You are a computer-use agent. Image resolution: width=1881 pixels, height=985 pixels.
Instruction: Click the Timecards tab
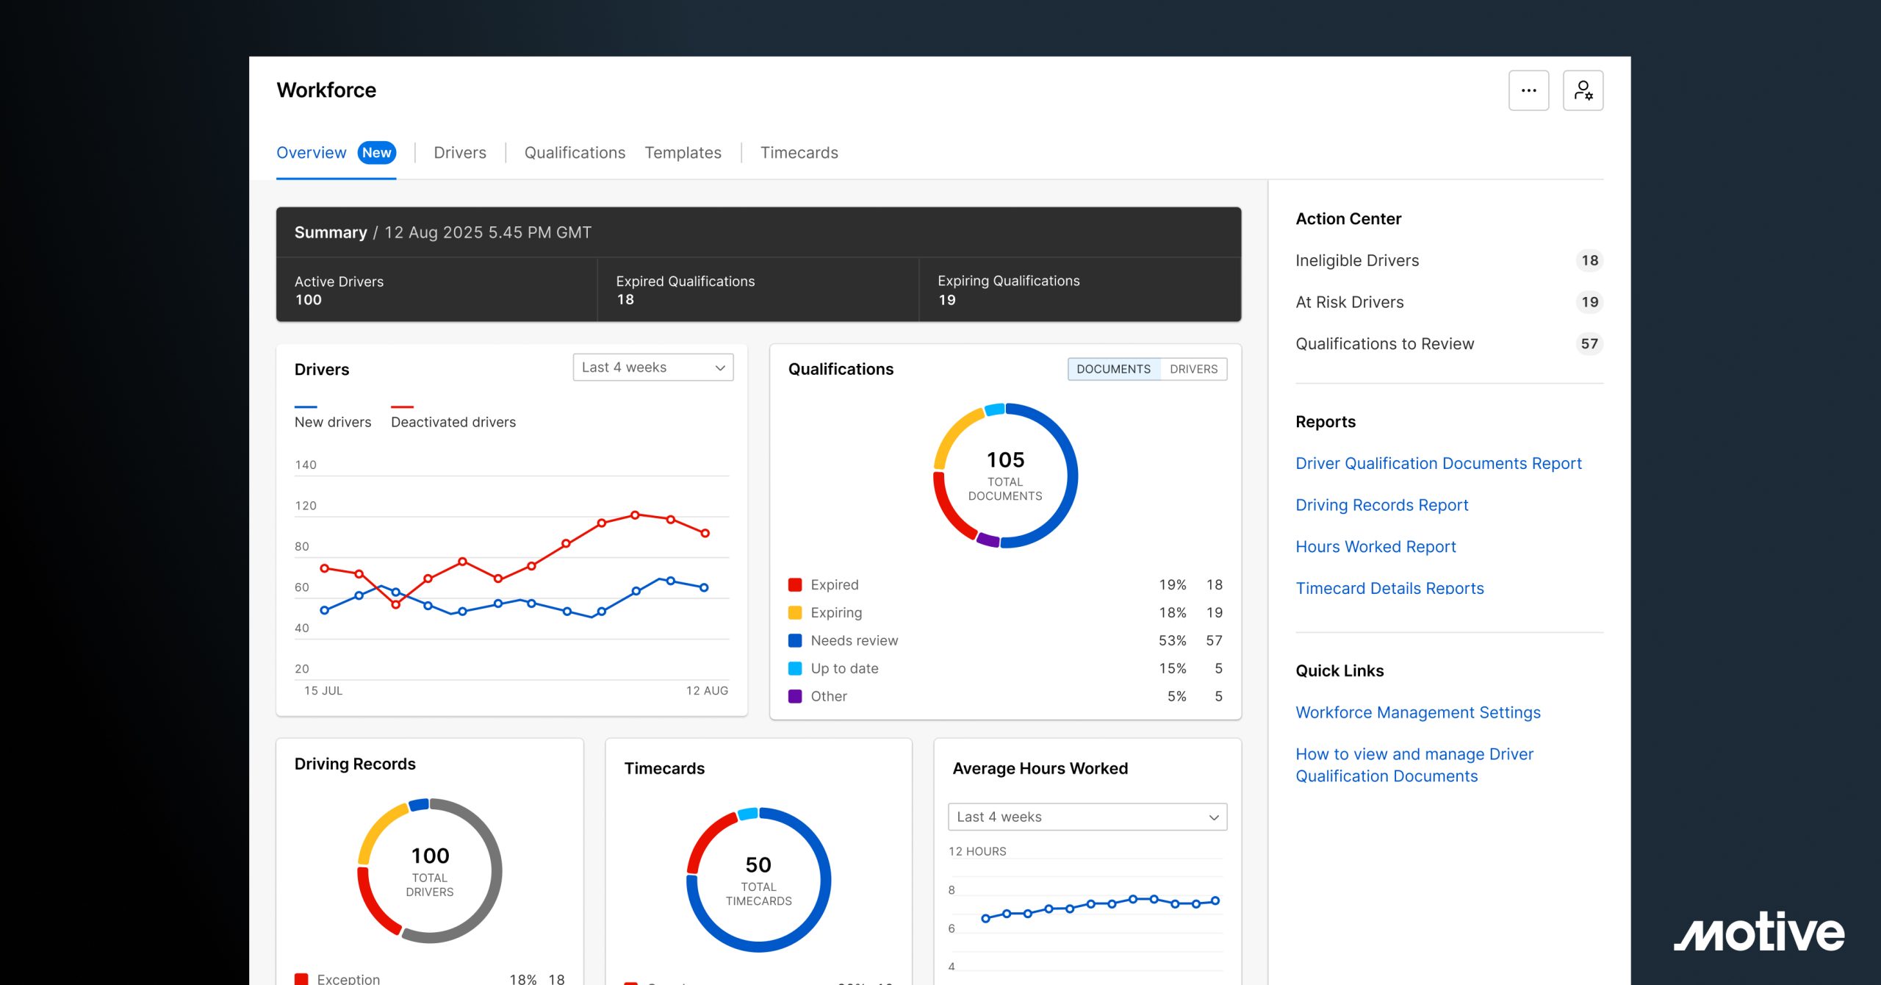[x=799, y=153]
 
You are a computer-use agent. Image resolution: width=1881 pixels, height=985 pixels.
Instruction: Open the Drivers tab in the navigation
[x=460, y=153]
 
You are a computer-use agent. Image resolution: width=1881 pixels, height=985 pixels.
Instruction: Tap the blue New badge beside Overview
[x=377, y=153]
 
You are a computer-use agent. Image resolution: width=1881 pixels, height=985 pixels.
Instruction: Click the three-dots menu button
[x=1528, y=90]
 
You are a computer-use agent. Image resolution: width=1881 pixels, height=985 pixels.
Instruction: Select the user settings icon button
[x=1583, y=90]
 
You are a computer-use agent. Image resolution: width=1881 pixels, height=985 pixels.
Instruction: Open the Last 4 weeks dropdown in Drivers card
[x=652, y=368]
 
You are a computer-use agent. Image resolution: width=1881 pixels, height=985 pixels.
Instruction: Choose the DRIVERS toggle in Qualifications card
[x=1193, y=369]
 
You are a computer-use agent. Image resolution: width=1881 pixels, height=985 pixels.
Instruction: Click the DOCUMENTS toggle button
[x=1113, y=369]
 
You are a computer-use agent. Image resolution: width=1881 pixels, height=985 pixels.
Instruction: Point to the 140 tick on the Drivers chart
[x=306, y=465]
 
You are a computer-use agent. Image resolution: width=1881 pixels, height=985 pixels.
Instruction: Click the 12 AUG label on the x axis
[x=707, y=691]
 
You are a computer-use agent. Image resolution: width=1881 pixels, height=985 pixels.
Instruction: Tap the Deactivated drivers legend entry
[x=453, y=422]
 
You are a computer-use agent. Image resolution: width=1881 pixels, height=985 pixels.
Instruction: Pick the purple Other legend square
[x=795, y=696]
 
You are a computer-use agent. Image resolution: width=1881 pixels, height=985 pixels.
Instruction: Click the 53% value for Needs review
[x=1172, y=640]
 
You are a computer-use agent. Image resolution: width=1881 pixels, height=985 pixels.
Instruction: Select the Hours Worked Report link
[x=1375, y=547]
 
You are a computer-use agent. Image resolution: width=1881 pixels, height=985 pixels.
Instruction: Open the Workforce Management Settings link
[x=1417, y=712]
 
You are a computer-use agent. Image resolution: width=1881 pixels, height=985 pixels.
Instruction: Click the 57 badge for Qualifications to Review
[x=1589, y=344]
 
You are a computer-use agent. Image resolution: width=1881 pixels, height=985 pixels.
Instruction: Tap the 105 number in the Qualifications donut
[x=1005, y=460]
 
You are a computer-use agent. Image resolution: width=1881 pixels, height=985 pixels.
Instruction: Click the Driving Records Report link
[x=1381, y=505]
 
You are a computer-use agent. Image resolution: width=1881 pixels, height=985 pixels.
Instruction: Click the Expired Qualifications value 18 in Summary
[x=625, y=300]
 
